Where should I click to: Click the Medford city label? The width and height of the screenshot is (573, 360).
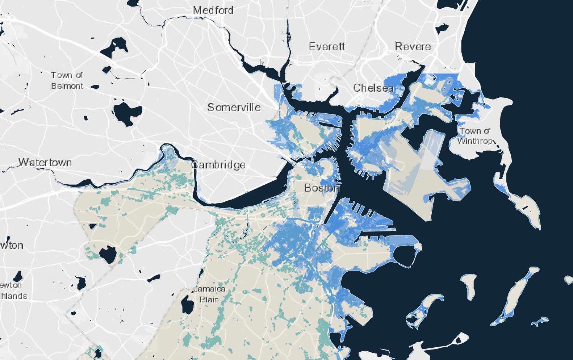[213, 11]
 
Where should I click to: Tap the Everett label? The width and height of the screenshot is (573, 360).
[327, 47]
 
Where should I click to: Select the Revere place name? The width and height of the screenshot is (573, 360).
[413, 47]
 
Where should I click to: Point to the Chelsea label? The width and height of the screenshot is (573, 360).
[373, 88]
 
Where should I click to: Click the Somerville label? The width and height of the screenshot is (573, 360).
[234, 108]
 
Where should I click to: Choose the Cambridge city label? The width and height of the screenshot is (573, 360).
[218, 165]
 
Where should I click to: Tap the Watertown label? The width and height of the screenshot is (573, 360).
[45, 163]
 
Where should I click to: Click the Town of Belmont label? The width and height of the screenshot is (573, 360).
[67, 80]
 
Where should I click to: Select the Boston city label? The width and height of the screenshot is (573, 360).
[322, 188]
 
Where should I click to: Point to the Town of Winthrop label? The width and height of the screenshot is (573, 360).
[475, 136]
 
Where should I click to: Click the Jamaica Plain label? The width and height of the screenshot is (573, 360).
[209, 294]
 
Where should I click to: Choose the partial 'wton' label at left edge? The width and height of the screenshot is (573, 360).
[12, 246]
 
